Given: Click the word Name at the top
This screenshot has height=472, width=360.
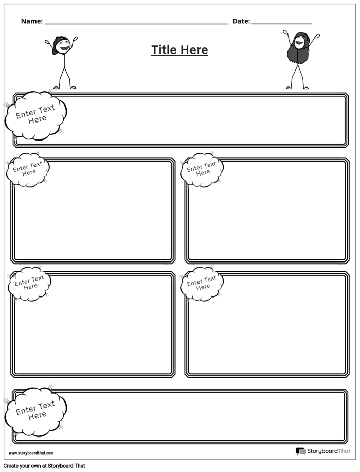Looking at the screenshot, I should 31,21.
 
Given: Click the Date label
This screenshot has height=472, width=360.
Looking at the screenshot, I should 241,21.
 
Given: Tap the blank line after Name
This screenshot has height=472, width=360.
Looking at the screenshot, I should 136,23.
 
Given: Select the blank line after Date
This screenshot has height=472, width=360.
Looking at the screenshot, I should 281,23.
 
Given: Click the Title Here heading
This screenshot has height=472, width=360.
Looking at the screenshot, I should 179,50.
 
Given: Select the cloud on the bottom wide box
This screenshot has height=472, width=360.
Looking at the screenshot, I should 36,411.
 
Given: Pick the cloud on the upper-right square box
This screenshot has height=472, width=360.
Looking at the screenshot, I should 202,169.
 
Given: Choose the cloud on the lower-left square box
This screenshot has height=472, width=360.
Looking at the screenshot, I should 29,283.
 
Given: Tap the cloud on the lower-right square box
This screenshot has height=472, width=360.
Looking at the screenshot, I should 202,283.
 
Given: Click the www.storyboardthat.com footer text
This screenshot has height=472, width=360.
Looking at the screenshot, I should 31,453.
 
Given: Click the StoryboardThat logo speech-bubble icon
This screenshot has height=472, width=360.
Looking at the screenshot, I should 300,451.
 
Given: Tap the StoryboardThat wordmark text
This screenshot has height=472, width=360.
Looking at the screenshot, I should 323,451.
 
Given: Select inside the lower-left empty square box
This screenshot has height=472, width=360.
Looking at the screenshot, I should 93,329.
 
